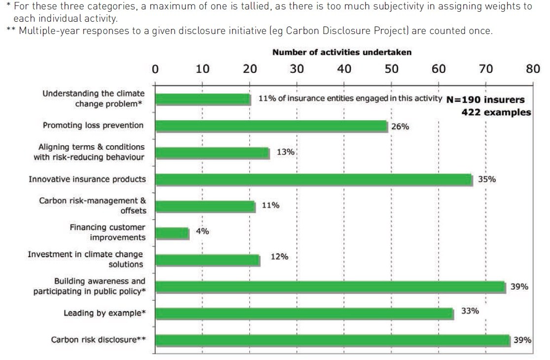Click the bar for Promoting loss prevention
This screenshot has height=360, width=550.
coord(272,126)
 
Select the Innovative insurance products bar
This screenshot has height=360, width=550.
coord(314,179)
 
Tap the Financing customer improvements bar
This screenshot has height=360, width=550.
coord(172,232)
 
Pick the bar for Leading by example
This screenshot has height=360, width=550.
coord(304,313)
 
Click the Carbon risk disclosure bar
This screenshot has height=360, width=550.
coord(333,340)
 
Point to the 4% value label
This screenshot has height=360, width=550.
coord(203,231)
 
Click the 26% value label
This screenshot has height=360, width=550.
coord(400,127)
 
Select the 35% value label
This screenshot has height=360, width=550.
coord(487,179)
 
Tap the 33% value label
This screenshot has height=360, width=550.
coord(470,311)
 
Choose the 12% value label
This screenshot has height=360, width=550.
coord(279,257)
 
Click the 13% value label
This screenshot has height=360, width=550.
coord(285,152)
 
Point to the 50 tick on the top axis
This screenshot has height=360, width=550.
coord(391,68)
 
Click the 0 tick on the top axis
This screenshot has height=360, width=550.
coord(155,68)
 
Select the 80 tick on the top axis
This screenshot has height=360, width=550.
coord(533,68)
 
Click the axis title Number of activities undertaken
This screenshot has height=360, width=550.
coord(342,52)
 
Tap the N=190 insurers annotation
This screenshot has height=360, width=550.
coord(485,99)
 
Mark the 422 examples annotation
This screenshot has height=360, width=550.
coord(496,112)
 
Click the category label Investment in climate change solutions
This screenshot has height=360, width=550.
coord(85,259)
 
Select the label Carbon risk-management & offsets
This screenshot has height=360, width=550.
coord(93,205)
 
